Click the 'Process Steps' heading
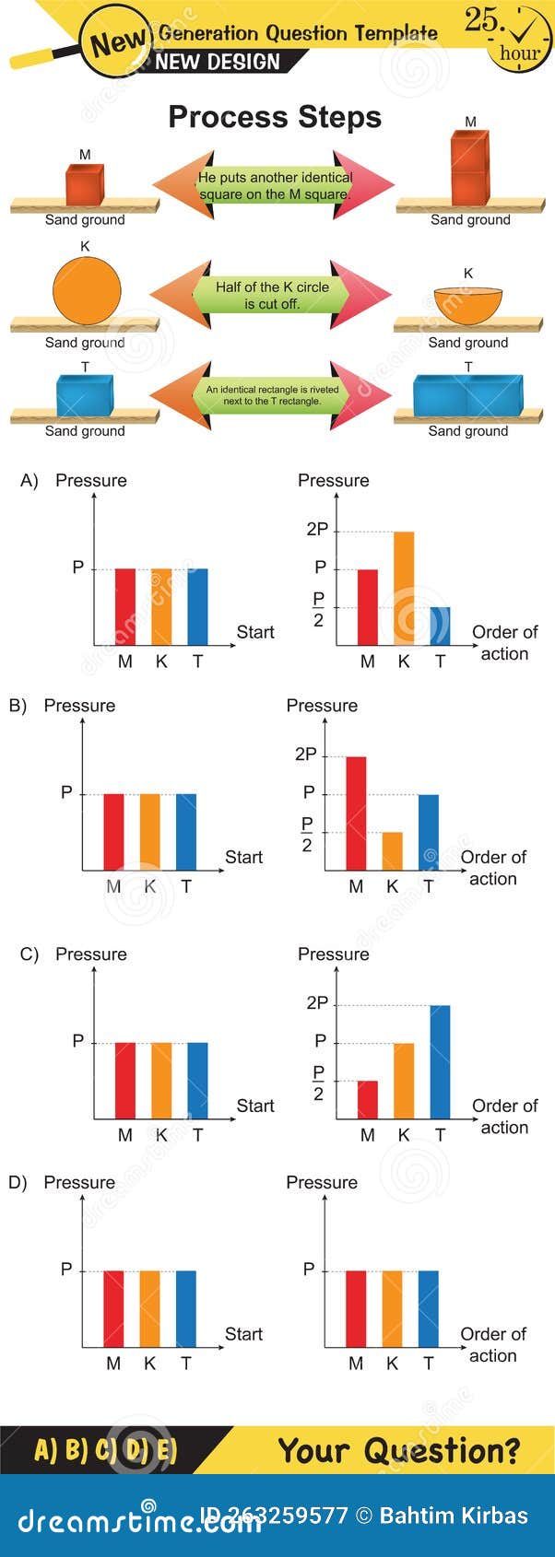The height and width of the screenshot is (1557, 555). (274, 117)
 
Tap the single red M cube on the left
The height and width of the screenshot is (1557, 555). (84, 184)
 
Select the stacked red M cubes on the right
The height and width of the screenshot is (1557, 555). (469, 168)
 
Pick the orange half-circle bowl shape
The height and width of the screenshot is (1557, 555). (468, 306)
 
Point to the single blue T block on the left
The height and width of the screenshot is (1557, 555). (84, 394)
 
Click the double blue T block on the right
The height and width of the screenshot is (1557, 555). (468, 394)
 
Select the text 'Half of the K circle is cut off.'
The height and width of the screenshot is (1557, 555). (272, 295)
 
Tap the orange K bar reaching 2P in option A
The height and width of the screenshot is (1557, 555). (404, 588)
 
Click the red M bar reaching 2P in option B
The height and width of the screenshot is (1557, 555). (356, 813)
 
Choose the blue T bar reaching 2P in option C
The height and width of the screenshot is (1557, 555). (440, 1061)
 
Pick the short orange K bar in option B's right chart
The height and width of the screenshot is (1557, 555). (392, 851)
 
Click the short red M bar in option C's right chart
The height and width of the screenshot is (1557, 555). (367, 1099)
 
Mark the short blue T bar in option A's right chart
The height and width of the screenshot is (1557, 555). (440, 626)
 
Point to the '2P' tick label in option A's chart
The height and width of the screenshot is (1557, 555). (316, 529)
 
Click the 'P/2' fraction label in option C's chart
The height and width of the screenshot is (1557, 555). (318, 1082)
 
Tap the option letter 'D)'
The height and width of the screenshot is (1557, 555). (18, 1182)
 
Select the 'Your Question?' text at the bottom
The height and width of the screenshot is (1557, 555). (398, 1450)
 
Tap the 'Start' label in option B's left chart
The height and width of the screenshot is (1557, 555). (243, 857)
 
